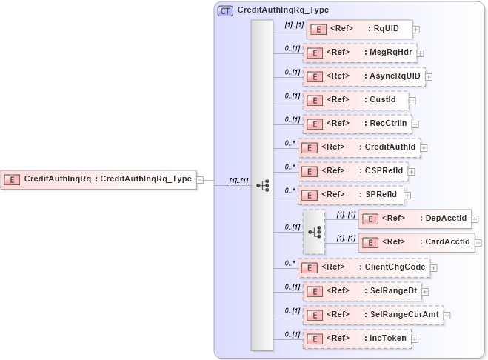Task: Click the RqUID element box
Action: [x=359, y=30]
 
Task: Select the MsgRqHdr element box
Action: [x=360, y=53]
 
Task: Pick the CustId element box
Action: [x=355, y=100]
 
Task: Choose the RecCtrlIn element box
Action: [x=357, y=124]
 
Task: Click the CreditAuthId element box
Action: [x=359, y=147]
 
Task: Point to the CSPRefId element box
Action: [x=353, y=171]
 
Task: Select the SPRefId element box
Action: [x=350, y=195]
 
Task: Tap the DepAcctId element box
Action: [x=415, y=219]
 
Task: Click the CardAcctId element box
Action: [x=416, y=242]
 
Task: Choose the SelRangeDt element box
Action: [x=361, y=291]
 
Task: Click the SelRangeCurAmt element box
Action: [x=372, y=315]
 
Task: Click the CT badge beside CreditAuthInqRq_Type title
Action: [x=225, y=10]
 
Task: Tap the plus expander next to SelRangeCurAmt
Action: [x=447, y=316]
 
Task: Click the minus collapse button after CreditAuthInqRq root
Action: [x=201, y=179]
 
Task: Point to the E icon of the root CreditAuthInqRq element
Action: [x=12, y=179]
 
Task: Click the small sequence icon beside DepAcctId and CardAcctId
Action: [x=314, y=231]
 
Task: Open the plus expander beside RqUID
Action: [x=416, y=30]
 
